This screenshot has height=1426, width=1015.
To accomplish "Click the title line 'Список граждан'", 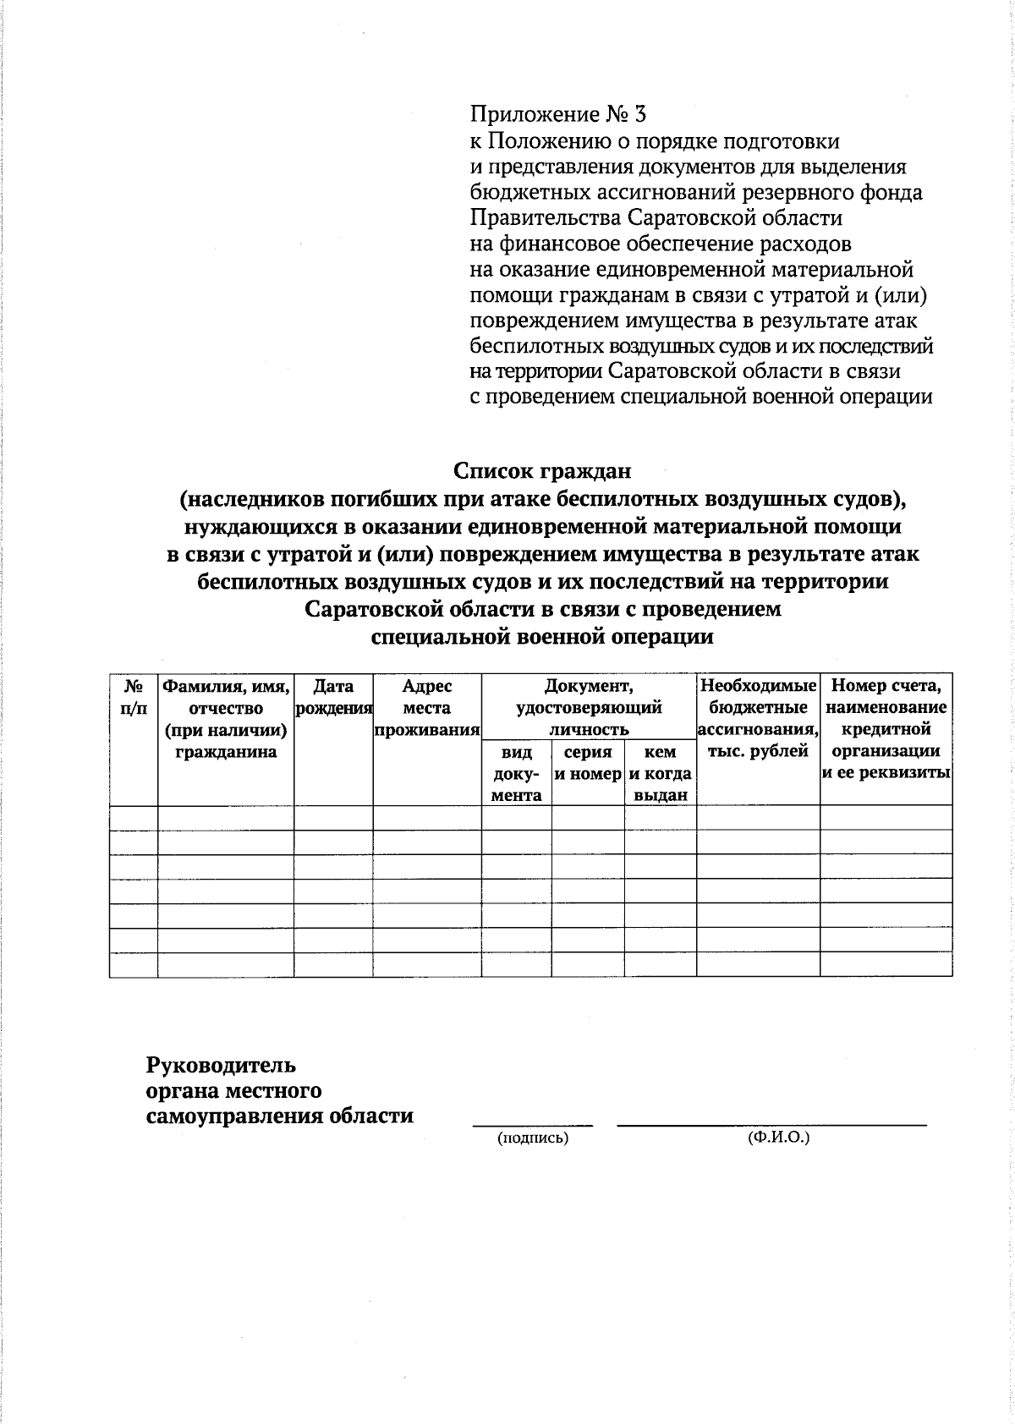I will coord(542,469).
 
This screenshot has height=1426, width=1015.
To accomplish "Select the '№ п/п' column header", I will coord(134,697).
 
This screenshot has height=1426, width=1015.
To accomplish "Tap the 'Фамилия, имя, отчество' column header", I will coord(226,718).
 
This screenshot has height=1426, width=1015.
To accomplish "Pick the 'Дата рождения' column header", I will coord(333,697).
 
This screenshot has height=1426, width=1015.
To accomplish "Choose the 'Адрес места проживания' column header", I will coord(427,708).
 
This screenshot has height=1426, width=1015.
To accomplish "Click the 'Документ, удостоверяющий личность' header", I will coord(589,707).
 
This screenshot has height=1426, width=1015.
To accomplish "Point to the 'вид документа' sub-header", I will coord(517,773).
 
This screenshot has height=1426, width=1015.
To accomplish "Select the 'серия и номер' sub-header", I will coord(588,763).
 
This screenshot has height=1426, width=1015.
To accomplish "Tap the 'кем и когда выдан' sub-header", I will coord(660,773).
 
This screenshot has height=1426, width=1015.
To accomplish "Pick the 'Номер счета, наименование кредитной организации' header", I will coord(886,728).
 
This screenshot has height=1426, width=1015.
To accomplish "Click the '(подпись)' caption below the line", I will coord(533,1138).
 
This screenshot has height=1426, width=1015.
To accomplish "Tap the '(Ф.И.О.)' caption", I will coord(778,1138).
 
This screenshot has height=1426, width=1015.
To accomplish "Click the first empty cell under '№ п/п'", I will coord(134,818).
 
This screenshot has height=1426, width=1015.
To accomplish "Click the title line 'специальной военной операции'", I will coord(543,637).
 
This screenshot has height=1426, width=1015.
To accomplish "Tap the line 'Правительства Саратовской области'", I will coord(656,218).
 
